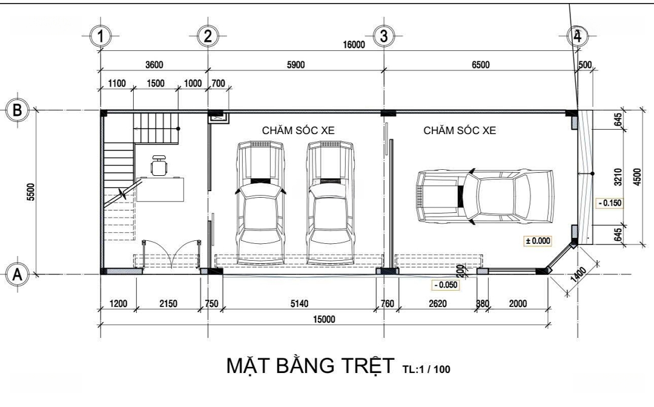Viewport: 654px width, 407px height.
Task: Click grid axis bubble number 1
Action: [x=100, y=36]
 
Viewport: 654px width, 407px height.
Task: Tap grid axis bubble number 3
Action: [x=384, y=36]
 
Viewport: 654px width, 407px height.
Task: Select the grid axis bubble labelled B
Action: [x=18, y=110]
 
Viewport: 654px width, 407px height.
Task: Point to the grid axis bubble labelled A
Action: [x=18, y=275]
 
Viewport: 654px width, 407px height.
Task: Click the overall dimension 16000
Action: [x=354, y=45]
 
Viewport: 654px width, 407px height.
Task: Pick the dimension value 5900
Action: [x=296, y=65]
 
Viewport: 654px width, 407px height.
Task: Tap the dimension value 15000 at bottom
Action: [x=323, y=320]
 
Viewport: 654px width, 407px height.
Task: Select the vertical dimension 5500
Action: [x=31, y=192]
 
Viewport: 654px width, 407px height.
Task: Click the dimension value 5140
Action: [x=300, y=303]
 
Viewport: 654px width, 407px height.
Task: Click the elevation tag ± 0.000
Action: [x=538, y=241]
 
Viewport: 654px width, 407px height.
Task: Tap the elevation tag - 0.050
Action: [x=446, y=285]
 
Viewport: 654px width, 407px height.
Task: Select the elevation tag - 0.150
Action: [x=610, y=203]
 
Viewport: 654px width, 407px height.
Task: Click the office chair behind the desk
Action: [x=158, y=166]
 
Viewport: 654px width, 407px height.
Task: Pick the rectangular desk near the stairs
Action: [x=160, y=189]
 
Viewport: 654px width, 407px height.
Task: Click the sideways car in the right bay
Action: [x=485, y=195]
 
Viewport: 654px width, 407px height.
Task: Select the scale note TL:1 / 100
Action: [x=426, y=369]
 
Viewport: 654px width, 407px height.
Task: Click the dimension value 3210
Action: [x=618, y=177]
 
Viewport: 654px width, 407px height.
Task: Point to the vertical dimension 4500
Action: [x=637, y=177]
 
